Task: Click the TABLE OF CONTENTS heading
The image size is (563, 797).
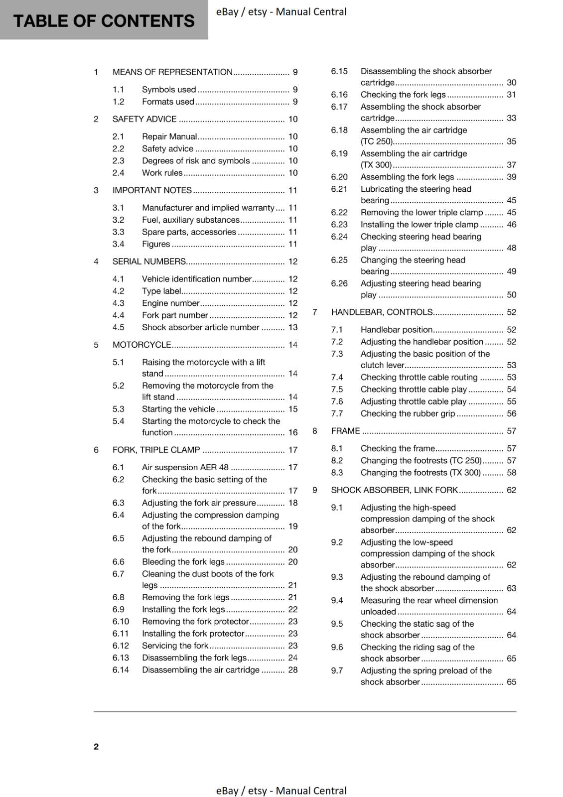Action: [104, 21]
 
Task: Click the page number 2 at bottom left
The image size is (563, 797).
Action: [96, 746]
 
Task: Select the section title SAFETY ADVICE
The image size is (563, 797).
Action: [144, 119]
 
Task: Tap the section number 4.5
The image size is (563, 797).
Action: [118, 327]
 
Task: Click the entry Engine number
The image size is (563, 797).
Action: [170, 303]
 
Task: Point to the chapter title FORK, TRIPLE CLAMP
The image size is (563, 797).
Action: [156, 450]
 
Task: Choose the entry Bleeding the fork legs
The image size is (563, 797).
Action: [183, 561]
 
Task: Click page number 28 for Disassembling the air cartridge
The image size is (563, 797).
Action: [292, 670]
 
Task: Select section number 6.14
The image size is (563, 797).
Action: [121, 670]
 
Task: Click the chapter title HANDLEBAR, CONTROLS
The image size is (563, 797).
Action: [382, 312]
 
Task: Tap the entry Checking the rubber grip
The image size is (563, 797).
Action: [408, 413]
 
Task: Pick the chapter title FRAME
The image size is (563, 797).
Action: [345, 431]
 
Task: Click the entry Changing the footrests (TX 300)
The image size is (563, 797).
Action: [421, 473]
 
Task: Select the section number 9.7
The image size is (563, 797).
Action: [337, 670]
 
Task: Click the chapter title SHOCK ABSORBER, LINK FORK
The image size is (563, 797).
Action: [394, 490]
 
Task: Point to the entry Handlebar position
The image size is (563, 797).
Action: [396, 330]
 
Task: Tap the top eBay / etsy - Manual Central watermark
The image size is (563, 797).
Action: [281, 11]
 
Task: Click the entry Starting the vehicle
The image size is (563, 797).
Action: [178, 409]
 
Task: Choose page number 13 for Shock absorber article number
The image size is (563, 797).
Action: [292, 327]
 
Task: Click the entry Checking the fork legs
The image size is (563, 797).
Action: [403, 95]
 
